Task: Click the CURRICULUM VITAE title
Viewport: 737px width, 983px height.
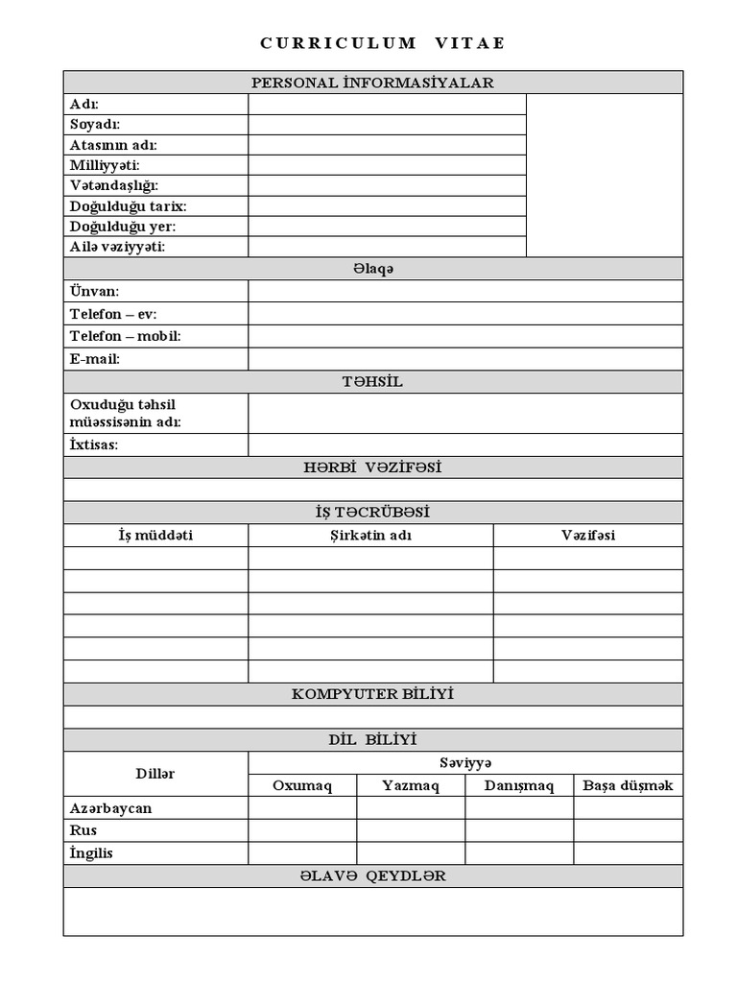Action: (382, 43)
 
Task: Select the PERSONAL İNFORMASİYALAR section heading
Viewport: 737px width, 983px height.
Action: (372, 83)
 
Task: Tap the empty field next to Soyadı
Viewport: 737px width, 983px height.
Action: (387, 125)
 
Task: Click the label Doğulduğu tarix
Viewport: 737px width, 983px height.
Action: (128, 206)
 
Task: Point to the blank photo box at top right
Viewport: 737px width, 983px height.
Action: (605, 175)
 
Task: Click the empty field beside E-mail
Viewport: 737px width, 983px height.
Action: (465, 359)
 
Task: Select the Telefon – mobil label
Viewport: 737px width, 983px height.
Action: (125, 336)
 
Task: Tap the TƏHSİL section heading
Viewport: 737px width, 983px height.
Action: (372, 382)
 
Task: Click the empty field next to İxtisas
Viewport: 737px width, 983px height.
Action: (465, 445)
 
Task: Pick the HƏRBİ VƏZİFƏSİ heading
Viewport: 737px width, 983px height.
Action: (372, 468)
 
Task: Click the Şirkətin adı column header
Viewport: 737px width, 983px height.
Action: (370, 536)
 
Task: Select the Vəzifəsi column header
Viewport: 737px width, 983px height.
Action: (588, 536)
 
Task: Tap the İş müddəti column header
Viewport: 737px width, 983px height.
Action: (155, 536)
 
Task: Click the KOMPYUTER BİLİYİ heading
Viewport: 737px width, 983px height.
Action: (372, 694)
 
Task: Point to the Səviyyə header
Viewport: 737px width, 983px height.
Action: (465, 762)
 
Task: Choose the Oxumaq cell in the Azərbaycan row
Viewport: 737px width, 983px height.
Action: (302, 807)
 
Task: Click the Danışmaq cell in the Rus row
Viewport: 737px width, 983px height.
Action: (519, 830)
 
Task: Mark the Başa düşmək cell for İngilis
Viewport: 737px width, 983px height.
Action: (629, 852)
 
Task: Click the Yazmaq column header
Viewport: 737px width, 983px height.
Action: (411, 785)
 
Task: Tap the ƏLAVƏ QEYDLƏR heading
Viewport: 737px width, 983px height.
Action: (372, 875)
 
